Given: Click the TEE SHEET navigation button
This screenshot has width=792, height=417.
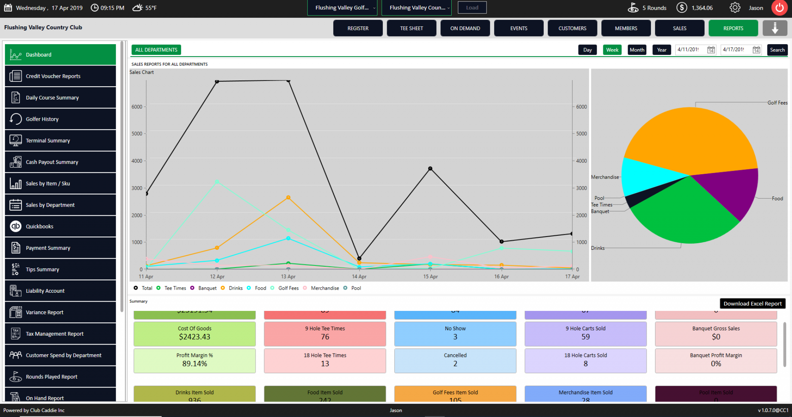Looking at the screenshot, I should click(x=411, y=28).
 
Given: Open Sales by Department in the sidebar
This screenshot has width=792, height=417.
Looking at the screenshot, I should click(x=60, y=205).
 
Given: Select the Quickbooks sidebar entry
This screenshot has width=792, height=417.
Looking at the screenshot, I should click(x=60, y=227).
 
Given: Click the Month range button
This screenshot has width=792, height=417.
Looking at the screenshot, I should click(x=637, y=50).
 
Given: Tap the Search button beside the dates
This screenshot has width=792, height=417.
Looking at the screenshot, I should click(x=777, y=50).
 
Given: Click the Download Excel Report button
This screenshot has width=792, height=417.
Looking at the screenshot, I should click(x=752, y=304).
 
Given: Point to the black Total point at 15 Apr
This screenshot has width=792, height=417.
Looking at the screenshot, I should click(x=430, y=168).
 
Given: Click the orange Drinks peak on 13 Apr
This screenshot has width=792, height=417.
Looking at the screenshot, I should click(x=288, y=197).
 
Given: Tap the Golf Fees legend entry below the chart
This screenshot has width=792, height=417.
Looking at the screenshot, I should click(x=288, y=288).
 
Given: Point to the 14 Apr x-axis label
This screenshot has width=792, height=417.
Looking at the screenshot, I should click(x=359, y=276).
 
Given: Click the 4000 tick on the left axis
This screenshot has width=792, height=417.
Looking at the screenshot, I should click(x=137, y=161).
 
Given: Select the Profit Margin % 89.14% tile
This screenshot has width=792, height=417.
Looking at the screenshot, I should click(x=195, y=360).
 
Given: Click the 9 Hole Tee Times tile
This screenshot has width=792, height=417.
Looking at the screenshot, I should click(x=325, y=334).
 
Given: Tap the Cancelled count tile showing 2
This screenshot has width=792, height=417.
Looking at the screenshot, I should click(x=455, y=360).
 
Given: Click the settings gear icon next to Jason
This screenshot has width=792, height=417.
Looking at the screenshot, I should click(x=735, y=8).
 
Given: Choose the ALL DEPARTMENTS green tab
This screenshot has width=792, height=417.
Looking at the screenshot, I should click(x=156, y=50).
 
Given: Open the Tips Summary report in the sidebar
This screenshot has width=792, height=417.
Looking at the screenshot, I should click(x=60, y=269).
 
